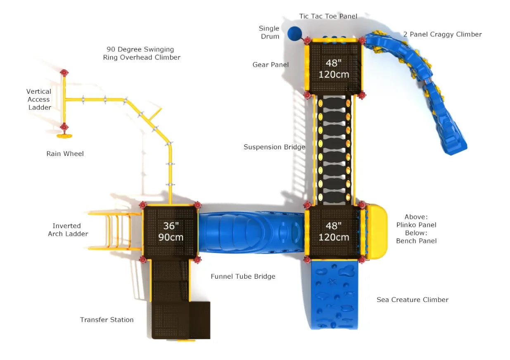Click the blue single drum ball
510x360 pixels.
click(294, 33)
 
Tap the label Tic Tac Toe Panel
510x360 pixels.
click(328, 17)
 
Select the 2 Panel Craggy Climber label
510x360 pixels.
click(442, 34)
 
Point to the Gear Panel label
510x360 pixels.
click(270, 64)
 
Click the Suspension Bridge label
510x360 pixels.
click(274, 147)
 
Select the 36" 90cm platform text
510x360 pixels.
click(171, 232)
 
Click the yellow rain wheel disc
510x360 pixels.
click(64, 135)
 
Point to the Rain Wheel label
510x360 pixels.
click(65, 154)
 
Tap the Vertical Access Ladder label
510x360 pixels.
click(39, 99)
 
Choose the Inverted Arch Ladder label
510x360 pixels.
click(68, 230)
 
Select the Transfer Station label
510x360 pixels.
click(107, 320)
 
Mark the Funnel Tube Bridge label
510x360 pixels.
click(243, 277)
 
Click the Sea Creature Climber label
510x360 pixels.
click(412, 300)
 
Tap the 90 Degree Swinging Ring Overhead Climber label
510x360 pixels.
click(142, 54)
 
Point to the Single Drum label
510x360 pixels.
click(270, 33)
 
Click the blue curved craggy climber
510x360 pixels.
click(425, 91)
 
